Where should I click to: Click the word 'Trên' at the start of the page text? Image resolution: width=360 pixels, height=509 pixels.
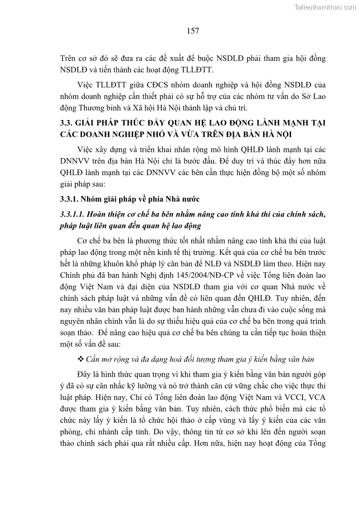[x=68, y=58]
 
